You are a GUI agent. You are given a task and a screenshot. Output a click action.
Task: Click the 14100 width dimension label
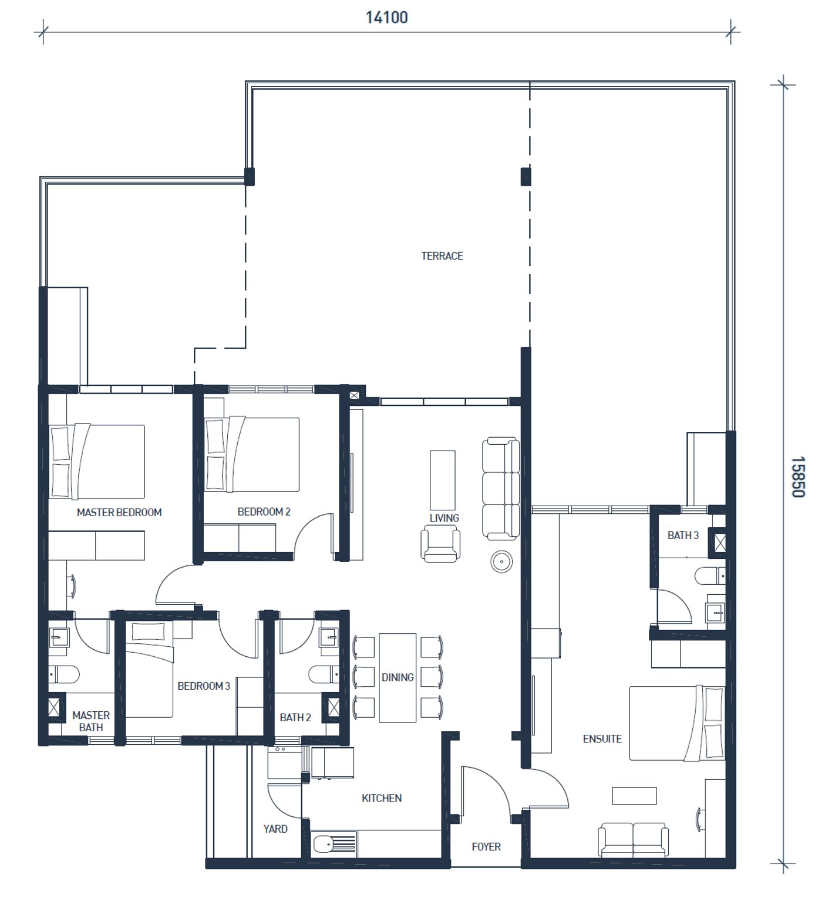(386, 18)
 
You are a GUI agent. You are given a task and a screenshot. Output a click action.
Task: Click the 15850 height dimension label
(798, 477)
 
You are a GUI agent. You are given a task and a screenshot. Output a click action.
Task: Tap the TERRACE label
(442, 256)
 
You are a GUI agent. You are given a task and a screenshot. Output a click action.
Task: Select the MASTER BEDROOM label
(119, 512)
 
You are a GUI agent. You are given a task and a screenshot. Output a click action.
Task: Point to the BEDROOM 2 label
(264, 512)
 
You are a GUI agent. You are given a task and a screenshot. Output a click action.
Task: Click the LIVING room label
(444, 518)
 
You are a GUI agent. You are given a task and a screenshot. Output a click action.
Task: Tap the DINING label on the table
(398, 677)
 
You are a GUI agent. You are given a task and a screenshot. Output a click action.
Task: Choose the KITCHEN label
(382, 798)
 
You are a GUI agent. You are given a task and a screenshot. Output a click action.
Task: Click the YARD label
(275, 829)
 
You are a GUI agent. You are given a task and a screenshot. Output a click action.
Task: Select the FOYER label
(486, 847)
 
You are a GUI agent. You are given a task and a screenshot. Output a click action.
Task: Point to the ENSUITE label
(602, 739)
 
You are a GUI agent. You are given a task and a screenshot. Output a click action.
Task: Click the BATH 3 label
(683, 535)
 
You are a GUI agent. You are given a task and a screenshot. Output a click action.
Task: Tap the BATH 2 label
(295, 717)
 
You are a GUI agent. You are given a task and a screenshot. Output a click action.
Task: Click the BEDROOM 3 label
(204, 686)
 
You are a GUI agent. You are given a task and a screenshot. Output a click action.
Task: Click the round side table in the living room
(502, 562)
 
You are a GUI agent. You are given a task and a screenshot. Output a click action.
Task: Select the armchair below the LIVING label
(440, 544)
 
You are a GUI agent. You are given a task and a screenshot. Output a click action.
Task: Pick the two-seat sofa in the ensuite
(633, 840)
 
